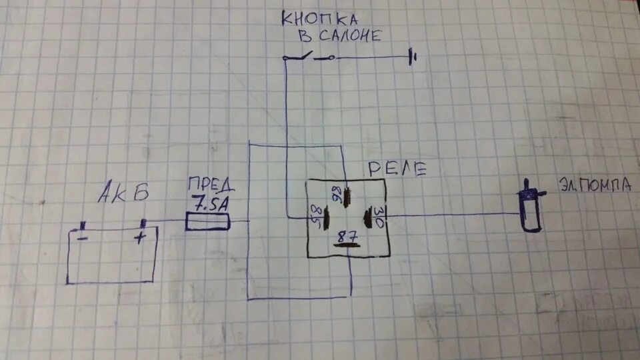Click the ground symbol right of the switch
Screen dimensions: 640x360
pyautogui.click(x=413, y=59)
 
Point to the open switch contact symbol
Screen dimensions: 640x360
pyautogui.click(x=309, y=57)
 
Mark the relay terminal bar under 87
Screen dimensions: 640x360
pyautogui.click(x=347, y=245)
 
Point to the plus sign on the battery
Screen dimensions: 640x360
pyautogui.click(x=141, y=238)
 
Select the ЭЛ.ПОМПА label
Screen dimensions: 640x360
pyautogui.click(x=595, y=187)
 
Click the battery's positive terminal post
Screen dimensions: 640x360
pyautogui.click(x=141, y=223)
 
